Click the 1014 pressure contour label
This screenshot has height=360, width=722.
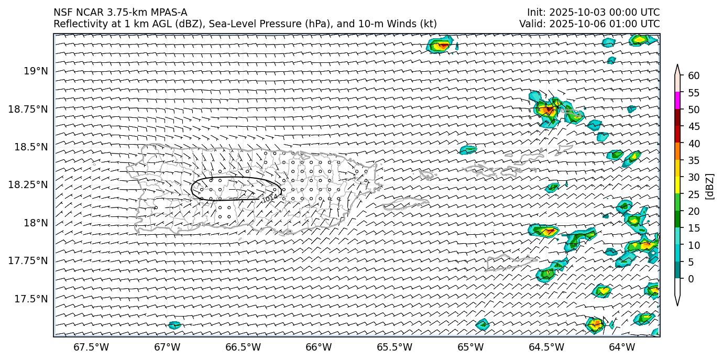pos(269,198)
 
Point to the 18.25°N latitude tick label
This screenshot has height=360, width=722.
pos(29,184)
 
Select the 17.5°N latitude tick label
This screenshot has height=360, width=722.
pos(32,299)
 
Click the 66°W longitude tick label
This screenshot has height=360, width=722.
pos(319,347)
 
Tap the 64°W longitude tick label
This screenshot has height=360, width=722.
pos(622,347)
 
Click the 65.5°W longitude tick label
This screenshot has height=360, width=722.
pos(395,347)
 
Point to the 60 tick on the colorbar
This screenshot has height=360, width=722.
pos(694,76)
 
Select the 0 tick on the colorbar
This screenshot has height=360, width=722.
pos(691,279)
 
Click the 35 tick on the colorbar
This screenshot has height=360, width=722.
pos(694,160)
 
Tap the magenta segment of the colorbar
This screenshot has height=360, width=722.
pos(677,101)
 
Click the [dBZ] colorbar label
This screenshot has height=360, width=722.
pos(710,186)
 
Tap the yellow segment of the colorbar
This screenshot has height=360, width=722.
pos(677,186)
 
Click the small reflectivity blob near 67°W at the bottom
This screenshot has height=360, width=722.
pos(174,325)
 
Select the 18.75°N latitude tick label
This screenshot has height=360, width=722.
pos(29,109)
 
